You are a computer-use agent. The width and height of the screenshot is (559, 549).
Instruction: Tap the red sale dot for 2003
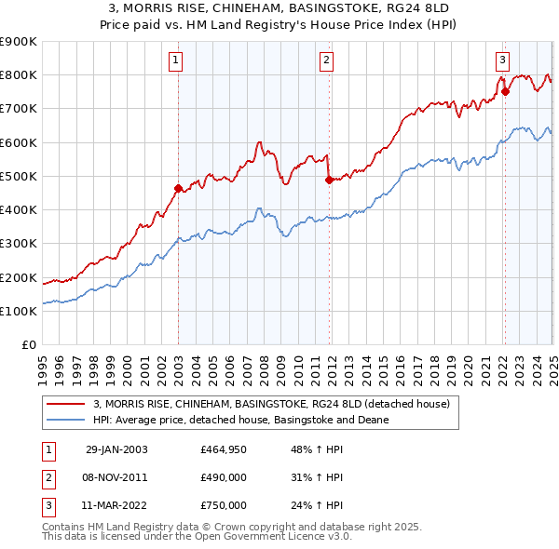(x=178, y=188)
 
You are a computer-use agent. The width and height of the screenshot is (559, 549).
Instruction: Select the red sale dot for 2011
(x=328, y=180)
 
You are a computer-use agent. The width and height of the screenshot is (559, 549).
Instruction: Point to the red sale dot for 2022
(x=504, y=91)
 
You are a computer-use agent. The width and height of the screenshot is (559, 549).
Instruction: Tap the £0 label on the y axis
(x=28, y=344)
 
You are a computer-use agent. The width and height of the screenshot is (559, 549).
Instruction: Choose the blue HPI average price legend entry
(x=240, y=420)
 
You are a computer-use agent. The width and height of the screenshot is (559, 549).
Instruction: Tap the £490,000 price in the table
(x=224, y=477)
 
